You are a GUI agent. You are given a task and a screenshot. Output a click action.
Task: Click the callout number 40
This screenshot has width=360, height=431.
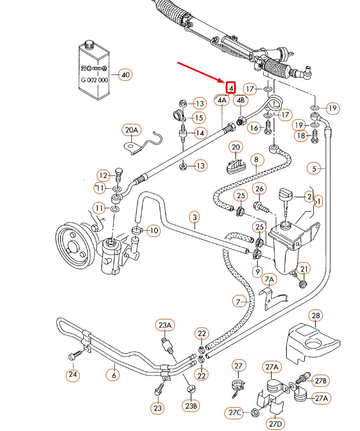125,74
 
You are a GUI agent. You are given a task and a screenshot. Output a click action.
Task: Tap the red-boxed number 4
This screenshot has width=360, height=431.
231,87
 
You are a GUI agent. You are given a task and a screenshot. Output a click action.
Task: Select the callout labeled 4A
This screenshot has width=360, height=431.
222,100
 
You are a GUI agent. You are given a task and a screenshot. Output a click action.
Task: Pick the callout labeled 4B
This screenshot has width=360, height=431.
241,100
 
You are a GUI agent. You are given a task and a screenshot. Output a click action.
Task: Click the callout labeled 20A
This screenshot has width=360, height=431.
131,130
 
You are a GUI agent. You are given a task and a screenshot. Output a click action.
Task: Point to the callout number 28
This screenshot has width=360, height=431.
316,316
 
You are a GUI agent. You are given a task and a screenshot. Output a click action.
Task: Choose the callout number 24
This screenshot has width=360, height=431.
73,375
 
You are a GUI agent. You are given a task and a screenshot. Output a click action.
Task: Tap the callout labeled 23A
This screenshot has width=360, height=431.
164,325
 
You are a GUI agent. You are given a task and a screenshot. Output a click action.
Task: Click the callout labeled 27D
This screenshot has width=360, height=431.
275,424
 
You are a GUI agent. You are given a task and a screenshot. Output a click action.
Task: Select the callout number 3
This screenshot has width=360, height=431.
195,217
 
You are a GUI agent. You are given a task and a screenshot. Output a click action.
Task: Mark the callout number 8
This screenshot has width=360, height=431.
256,159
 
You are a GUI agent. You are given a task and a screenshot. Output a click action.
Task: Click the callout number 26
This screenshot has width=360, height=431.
259,189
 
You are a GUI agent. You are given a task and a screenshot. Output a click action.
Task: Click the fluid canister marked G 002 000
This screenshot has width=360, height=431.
94,66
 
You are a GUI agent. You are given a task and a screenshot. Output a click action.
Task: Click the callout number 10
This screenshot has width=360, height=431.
153,231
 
